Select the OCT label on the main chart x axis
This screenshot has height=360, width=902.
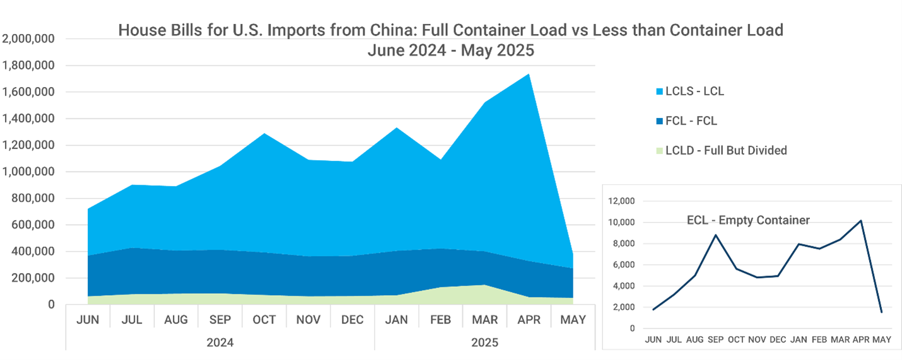pyautogui.click(x=264, y=320)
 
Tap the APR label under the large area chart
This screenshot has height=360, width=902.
pyautogui.click(x=529, y=320)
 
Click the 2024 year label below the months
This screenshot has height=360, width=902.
pyautogui.click(x=220, y=343)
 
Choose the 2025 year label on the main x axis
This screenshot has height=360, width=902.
pyautogui.click(x=484, y=343)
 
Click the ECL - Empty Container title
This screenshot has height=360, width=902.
pyautogui.click(x=748, y=220)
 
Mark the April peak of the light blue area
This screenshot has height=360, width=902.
pyautogui.click(x=528, y=74)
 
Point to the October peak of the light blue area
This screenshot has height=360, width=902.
pyautogui.click(x=264, y=134)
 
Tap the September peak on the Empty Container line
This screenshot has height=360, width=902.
pyautogui.click(x=715, y=235)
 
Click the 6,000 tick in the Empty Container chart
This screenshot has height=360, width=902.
pyautogui.click(x=623, y=265)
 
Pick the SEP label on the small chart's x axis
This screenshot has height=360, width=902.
pyautogui.click(x=715, y=340)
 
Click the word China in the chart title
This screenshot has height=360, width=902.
pyautogui.click(x=342, y=30)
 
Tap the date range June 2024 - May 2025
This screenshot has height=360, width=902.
pyautogui.click(x=450, y=51)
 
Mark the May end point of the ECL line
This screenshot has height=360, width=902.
pyautogui.click(x=881, y=312)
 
